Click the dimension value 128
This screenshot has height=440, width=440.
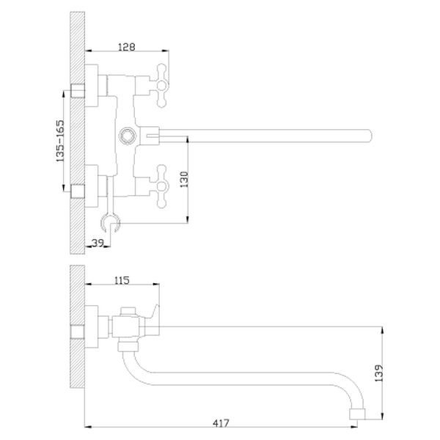[127, 47]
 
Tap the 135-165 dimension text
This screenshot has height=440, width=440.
[60, 141]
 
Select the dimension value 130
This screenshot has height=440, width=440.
[184, 180]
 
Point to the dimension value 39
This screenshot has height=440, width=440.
[98, 243]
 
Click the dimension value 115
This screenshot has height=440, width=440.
[122, 280]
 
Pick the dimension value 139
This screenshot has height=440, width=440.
[378, 373]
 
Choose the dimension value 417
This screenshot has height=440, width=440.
[221, 423]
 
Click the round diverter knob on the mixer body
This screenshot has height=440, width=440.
[128, 136]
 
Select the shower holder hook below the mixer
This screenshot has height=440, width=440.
[111, 222]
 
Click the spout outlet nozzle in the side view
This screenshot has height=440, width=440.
[357, 414]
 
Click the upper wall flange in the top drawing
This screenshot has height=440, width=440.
[92, 86]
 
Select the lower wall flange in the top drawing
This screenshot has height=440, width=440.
[92, 186]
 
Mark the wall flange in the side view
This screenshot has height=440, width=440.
[92, 326]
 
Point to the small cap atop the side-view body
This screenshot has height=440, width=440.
[128, 311]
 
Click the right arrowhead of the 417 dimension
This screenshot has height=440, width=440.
[354, 427]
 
